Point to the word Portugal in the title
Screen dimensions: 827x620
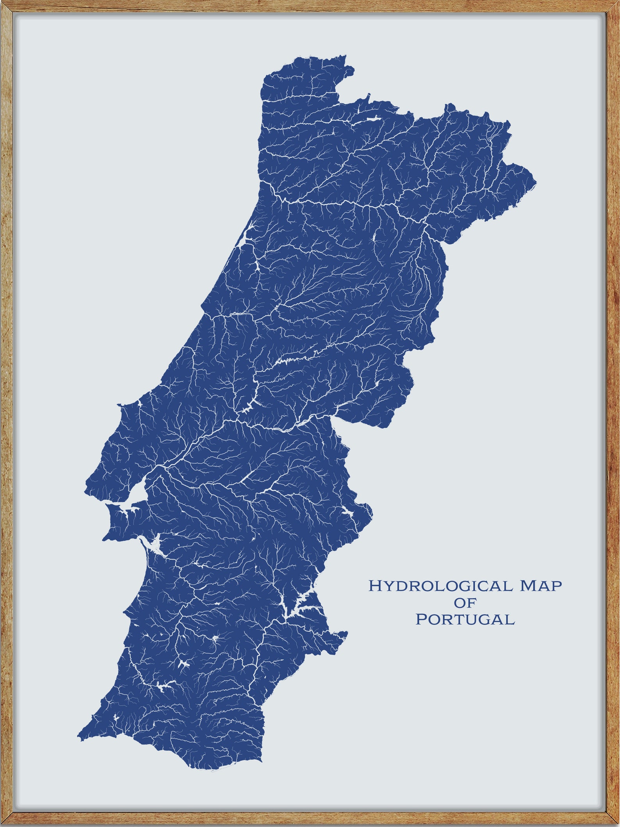465,620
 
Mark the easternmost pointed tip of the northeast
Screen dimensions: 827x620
536,182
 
